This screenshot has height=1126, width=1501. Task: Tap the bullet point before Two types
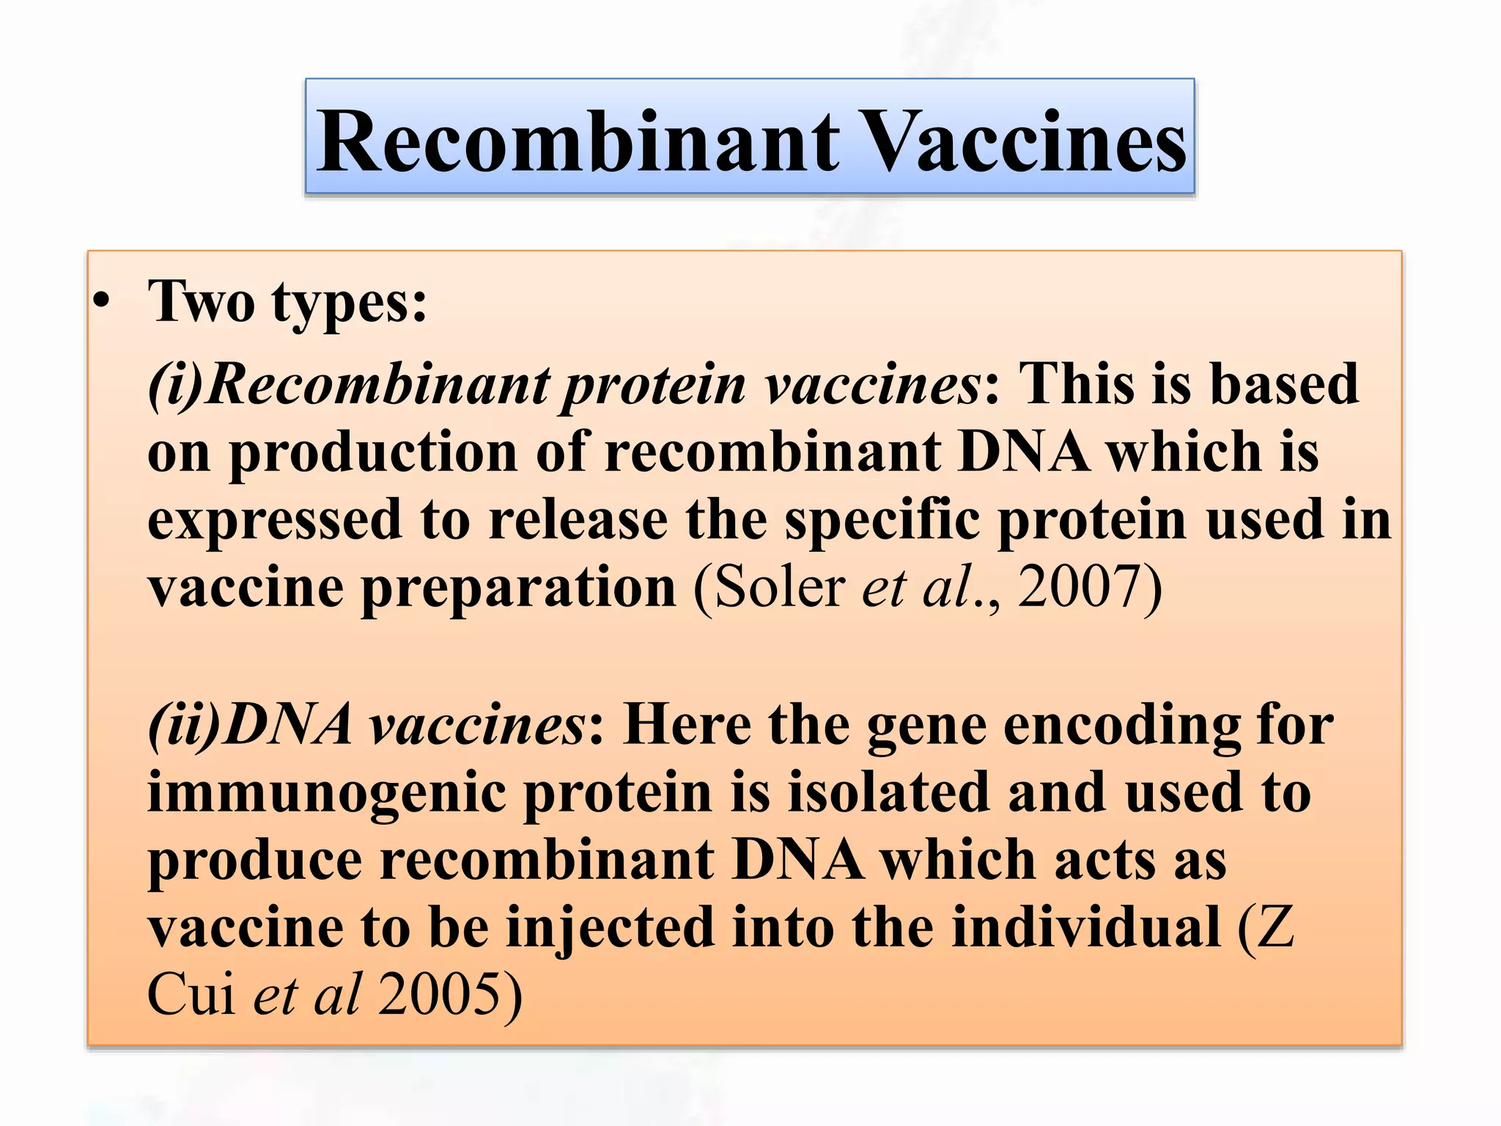(102, 302)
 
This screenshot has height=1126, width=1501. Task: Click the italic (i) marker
(174, 384)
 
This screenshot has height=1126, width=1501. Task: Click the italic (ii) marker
(183, 724)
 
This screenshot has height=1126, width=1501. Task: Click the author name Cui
(191, 996)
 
